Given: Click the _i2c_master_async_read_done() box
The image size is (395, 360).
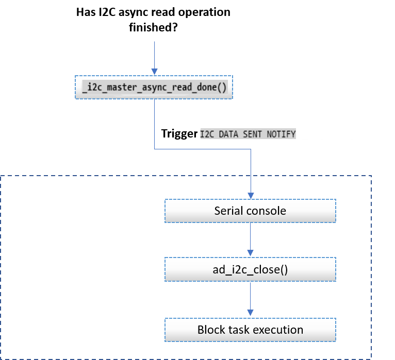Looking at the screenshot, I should pos(154,87).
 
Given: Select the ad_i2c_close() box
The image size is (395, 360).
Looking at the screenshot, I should pos(250,269).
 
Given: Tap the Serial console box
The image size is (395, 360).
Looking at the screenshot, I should pos(250,211).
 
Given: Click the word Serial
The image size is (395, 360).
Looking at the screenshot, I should pos(227,211).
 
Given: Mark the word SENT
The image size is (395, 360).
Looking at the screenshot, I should pos(253,134).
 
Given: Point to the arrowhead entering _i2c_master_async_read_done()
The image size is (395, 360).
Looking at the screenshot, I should pos(154,72).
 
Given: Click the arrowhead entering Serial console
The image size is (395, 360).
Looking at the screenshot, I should pos(251,196).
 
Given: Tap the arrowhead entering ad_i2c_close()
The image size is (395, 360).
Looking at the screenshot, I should pos(251,253).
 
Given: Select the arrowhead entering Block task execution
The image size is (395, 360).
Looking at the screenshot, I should pos(251,313).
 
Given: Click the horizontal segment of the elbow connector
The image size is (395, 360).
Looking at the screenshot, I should pos(202,150).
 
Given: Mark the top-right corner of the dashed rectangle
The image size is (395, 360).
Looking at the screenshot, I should pos(371,176).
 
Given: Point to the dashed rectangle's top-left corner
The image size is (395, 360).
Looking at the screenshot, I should pos(1,176).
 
